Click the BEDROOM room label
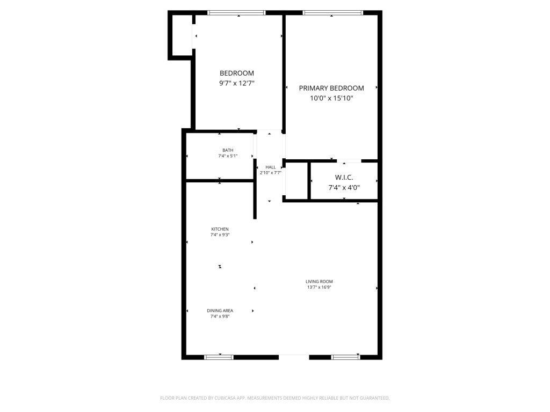tap(237, 73)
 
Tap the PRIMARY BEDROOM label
tap(331, 89)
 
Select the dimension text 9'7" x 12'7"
tap(237, 83)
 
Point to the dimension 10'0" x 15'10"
tap(331, 98)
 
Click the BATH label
tap(228, 150)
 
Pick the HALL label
tap(271, 167)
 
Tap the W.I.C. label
tap(344, 178)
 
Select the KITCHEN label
tap(220, 229)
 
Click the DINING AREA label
tap(220, 311)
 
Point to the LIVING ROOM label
tap(319, 281)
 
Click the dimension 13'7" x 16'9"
tap(319, 288)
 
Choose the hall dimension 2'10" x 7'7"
tap(271, 173)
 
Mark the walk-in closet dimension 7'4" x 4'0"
tap(344, 187)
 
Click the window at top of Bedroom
tap(236, 13)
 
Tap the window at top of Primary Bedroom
tap(333, 13)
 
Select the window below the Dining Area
tap(219, 357)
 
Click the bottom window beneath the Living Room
tap(345, 357)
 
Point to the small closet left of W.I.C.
tap(296, 181)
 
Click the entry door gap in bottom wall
tap(294, 357)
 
